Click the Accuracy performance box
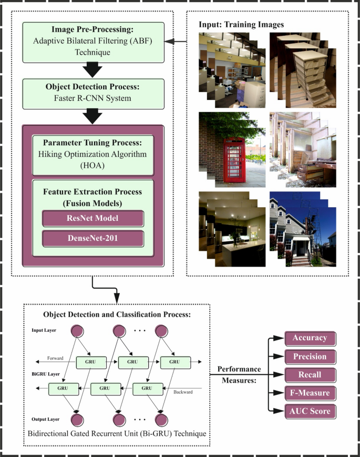[310, 338]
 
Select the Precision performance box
[310, 357]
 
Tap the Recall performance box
[310, 374]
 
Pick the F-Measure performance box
[310, 393]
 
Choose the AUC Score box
[310, 411]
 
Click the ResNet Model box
[92, 218]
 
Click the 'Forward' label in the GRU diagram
[55, 358]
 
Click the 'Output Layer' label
[45, 419]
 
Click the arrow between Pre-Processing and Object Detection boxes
[93, 68]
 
